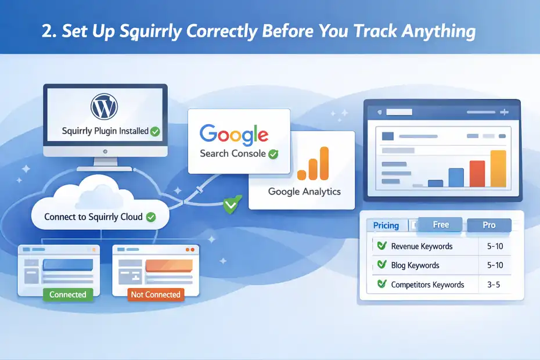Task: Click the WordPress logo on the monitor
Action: click(x=105, y=106)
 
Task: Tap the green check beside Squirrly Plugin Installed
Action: click(x=155, y=132)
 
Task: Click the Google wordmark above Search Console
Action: click(x=233, y=135)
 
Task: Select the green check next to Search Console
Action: click(x=273, y=154)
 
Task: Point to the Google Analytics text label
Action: click(x=304, y=191)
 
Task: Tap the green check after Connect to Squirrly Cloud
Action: click(x=151, y=217)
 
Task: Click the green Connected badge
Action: click(x=68, y=294)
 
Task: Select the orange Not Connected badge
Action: click(x=156, y=294)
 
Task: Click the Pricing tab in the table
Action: click(x=386, y=225)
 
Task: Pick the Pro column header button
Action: click(x=488, y=225)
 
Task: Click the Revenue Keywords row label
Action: click(x=422, y=246)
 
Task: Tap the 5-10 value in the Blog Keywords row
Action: click(x=495, y=265)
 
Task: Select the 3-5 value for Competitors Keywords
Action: click(x=495, y=285)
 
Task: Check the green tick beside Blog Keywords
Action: click(x=381, y=265)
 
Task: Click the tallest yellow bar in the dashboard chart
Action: click(x=498, y=168)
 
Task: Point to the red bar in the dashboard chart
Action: click(x=477, y=174)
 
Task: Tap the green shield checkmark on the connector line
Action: click(x=231, y=205)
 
